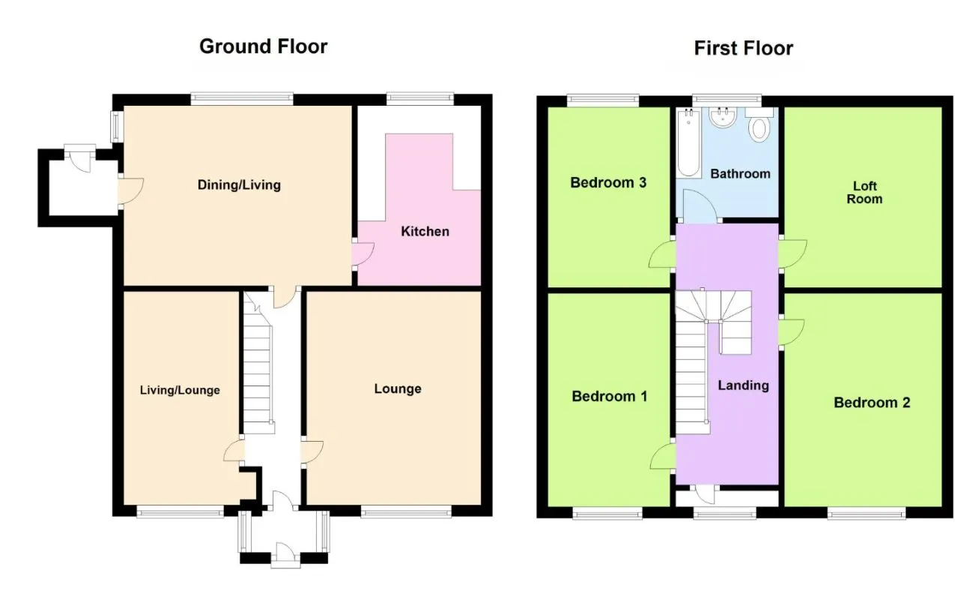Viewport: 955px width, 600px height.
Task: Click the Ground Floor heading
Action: pyautogui.click(x=263, y=46)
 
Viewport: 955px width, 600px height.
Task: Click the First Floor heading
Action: pyautogui.click(x=744, y=48)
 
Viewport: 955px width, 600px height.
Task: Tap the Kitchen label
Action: pyautogui.click(x=425, y=232)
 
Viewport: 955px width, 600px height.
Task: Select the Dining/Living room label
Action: pyautogui.click(x=239, y=185)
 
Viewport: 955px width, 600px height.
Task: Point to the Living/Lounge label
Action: pyautogui.click(x=180, y=390)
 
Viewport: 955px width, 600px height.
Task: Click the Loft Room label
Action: pyautogui.click(x=864, y=192)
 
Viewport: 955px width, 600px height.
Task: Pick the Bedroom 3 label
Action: pyautogui.click(x=608, y=182)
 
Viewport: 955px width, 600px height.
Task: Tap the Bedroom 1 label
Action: pyautogui.click(x=609, y=396)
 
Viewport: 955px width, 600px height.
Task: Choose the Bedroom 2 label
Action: pyautogui.click(x=872, y=402)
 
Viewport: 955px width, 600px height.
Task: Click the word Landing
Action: pyautogui.click(x=744, y=385)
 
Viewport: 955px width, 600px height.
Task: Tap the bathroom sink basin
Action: pyautogui.click(x=722, y=118)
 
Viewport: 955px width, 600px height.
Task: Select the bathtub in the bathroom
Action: pyautogui.click(x=688, y=142)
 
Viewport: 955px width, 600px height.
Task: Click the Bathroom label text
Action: pyautogui.click(x=740, y=174)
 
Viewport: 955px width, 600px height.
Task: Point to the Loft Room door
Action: pyautogui.click(x=793, y=253)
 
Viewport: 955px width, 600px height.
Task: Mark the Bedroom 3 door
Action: pyautogui.click(x=662, y=254)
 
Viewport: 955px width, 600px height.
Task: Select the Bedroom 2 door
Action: pyautogui.click(x=792, y=331)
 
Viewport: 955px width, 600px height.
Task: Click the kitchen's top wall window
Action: pyautogui.click(x=420, y=99)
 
